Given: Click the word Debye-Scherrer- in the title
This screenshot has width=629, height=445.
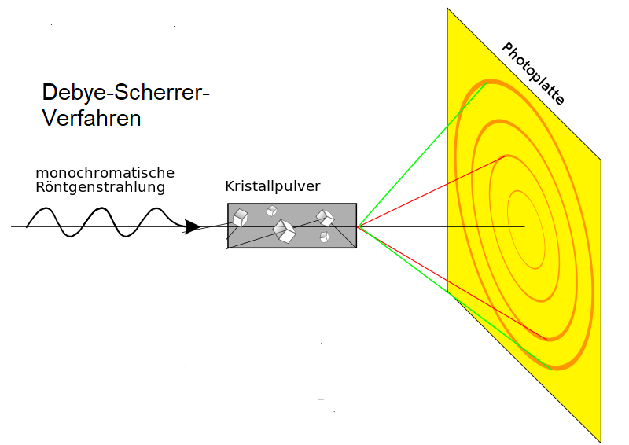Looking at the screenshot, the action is (126, 93).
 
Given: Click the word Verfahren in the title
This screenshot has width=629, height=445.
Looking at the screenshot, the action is (91, 119).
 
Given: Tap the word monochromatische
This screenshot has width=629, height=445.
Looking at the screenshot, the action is (105, 172).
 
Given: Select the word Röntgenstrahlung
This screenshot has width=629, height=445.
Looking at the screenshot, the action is (100, 187).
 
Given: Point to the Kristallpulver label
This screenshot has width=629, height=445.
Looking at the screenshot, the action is (273, 187).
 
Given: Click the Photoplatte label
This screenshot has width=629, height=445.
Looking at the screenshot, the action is (533, 74).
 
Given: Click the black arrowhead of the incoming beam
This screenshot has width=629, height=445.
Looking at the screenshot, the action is (191, 227).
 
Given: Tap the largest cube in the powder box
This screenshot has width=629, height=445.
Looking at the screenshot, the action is (284, 230).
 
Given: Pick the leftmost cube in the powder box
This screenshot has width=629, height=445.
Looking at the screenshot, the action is (240, 217).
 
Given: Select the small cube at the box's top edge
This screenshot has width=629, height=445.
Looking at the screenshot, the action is (272, 210).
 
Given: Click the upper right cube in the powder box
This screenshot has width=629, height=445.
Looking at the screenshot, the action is (325, 217).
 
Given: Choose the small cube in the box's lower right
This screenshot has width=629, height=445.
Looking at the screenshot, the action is (324, 237).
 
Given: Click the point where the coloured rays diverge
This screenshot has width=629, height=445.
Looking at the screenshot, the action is (359, 226).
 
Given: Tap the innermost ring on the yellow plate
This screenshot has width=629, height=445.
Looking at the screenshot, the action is (526, 228).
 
